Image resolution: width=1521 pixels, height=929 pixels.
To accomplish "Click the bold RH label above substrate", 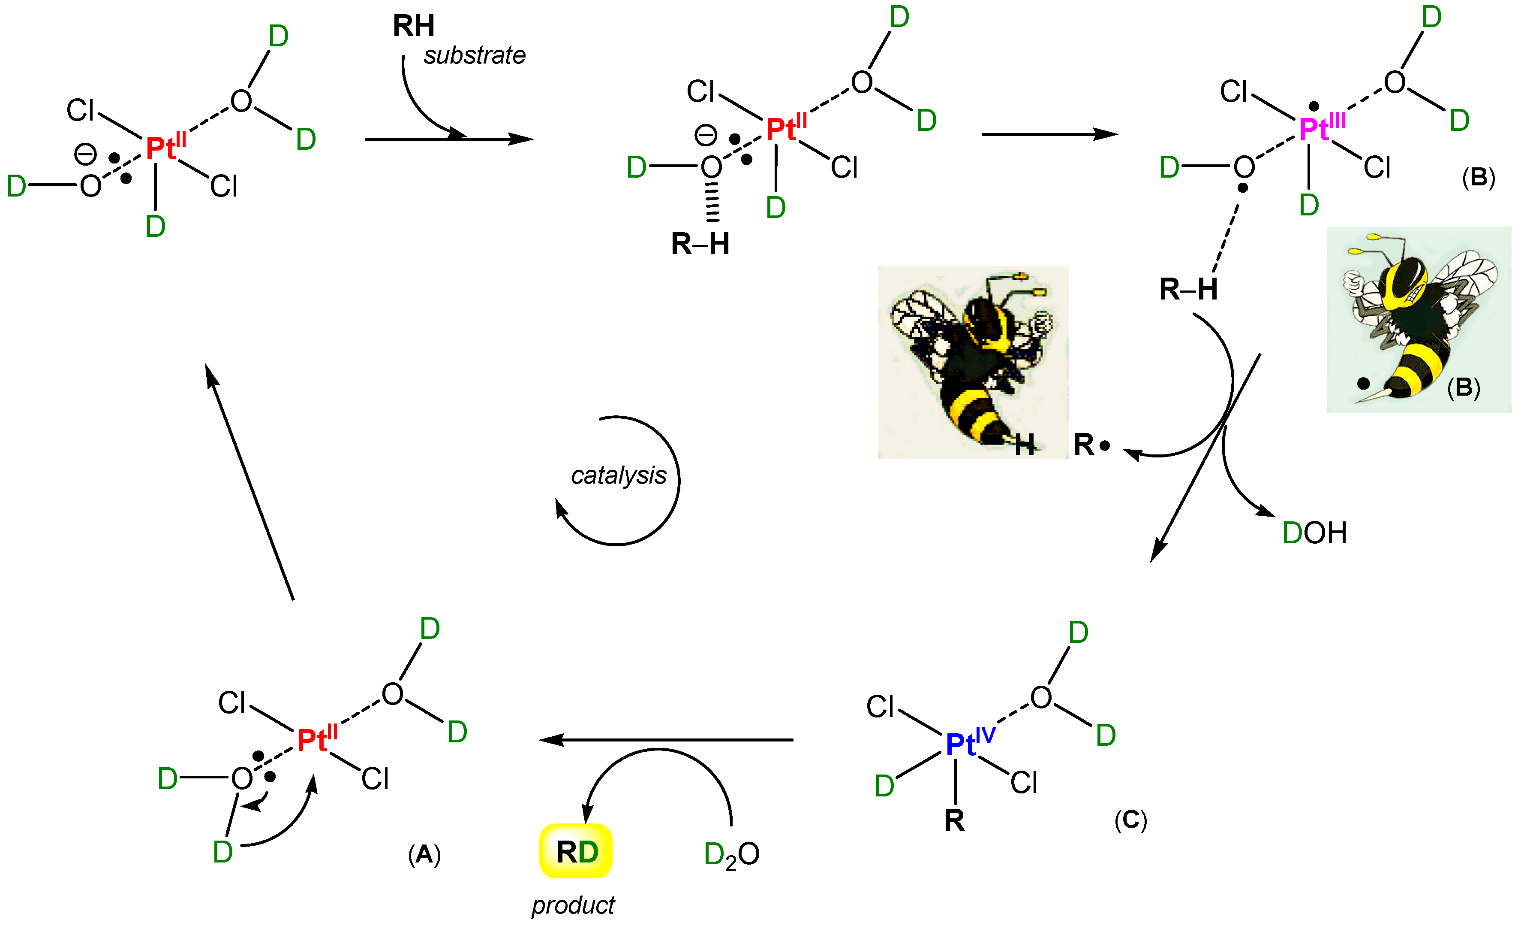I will (x=414, y=26).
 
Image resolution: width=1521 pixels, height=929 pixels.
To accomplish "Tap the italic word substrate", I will (x=474, y=56).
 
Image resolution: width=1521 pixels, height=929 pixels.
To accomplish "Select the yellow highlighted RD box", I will (x=576, y=851).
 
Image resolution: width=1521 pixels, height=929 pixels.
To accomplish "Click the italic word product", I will (x=573, y=905).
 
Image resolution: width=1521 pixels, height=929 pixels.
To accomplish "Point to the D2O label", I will (x=731, y=855).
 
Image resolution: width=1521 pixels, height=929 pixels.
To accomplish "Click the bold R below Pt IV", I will (x=954, y=820).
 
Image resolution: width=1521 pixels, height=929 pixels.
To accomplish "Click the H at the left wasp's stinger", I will (x=1024, y=445).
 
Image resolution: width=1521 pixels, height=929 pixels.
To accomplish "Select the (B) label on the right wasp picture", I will (x=1464, y=387).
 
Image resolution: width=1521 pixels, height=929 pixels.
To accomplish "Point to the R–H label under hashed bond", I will (x=700, y=244).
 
